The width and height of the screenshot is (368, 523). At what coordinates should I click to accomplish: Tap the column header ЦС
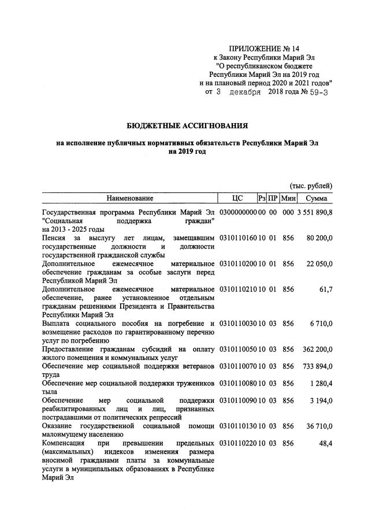click(x=237, y=199)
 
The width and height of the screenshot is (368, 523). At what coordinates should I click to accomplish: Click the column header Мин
click(x=288, y=199)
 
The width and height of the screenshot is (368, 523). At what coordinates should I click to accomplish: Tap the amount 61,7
click(x=325, y=288)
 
